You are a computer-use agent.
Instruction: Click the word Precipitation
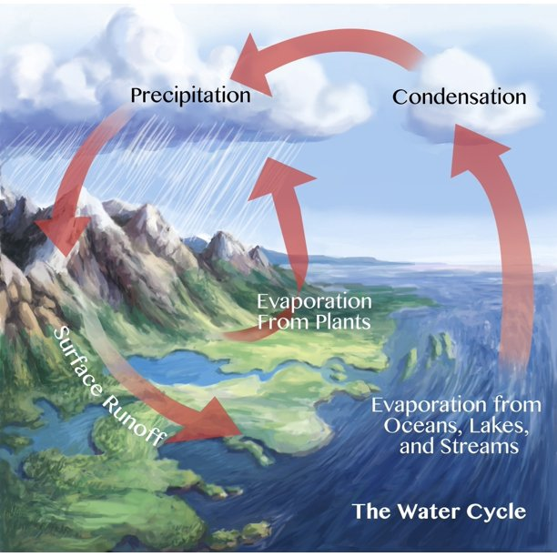click(x=189, y=95)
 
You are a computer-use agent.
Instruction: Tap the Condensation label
click(x=459, y=96)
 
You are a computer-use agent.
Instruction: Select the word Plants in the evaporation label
click(x=343, y=322)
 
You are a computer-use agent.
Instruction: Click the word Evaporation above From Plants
click(x=313, y=302)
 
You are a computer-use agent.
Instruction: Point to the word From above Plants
click(x=279, y=322)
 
